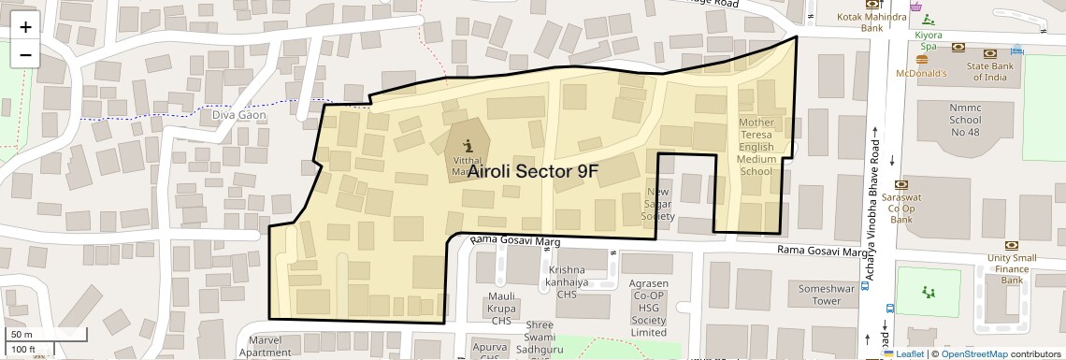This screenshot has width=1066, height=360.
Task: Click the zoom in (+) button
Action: pyautogui.click(x=25, y=26)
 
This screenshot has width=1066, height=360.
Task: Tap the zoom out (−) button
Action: pyautogui.click(x=25, y=54)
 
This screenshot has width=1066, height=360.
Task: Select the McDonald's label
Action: pyautogui.click(x=922, y=73)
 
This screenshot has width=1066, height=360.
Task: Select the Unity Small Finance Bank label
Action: pyautogui.click(x=1012, y=269)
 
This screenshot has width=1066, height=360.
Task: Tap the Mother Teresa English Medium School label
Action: pyautogui.click(x=756, y=147)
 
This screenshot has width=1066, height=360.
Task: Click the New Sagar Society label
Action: pyautogui.click(x=658, y=205)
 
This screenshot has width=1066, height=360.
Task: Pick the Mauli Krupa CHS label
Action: pyautogui.click(x=502, y=308)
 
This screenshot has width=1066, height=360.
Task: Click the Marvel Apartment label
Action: pyautogui.click(x=265, y=346)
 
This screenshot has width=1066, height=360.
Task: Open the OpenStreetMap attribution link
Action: pyautogui.click(x=973, y=353)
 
